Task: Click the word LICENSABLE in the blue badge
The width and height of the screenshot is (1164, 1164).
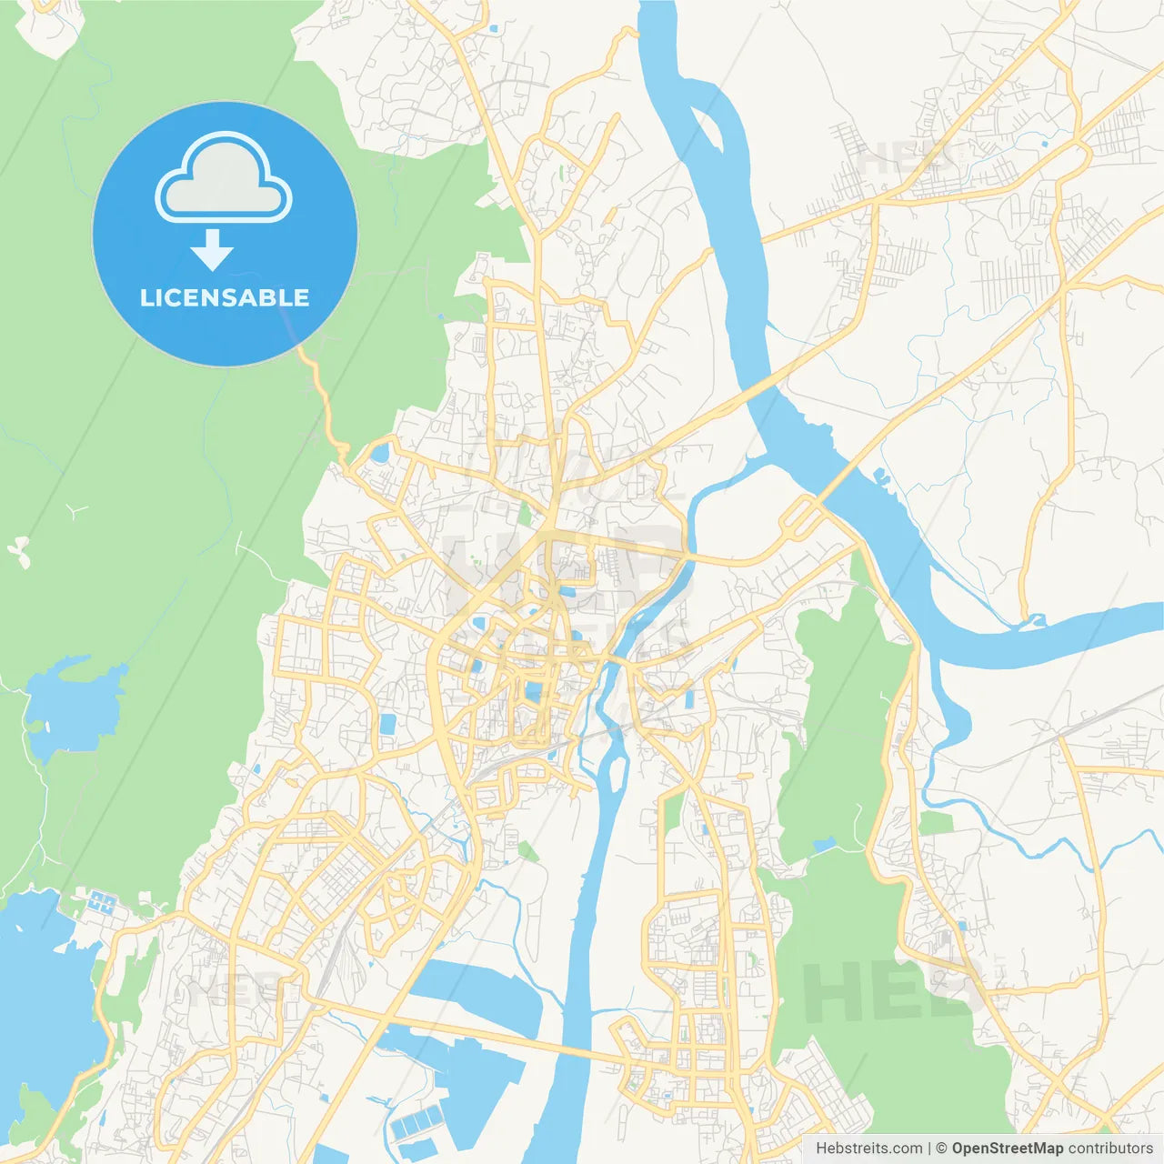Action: point(225,297)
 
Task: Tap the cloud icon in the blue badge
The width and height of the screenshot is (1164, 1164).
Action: point(224,178)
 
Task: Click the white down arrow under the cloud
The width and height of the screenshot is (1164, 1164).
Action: point(213,250)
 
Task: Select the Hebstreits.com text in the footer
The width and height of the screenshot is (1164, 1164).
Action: point(868,1149)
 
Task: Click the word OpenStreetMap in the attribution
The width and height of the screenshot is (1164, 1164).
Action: point(1007,1149)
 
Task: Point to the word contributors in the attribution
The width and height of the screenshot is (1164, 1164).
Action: point(1110,1149)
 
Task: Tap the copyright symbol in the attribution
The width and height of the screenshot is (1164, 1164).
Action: point(941,1149)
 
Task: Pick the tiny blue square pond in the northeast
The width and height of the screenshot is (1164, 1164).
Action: point(1043,143)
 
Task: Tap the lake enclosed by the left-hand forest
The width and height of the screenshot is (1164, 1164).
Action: point(73,705)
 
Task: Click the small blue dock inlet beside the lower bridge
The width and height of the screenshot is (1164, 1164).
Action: point(879,474)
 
